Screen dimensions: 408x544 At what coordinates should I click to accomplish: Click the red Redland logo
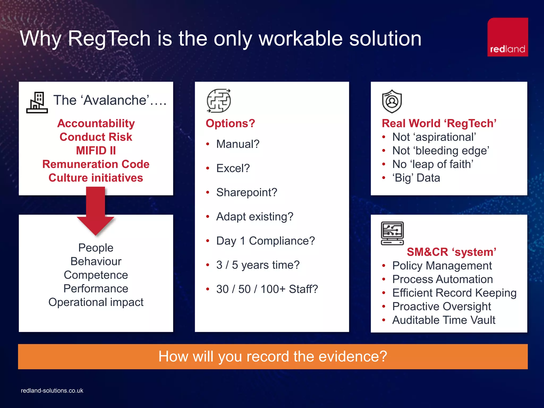(507, 37)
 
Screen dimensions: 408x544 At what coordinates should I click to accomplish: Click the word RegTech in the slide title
(109, 39)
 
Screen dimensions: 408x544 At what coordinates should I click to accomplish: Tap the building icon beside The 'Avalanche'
(37, 103)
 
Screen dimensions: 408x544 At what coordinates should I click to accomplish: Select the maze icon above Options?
(219, 101)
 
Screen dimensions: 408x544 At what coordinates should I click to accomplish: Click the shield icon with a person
(392, 101)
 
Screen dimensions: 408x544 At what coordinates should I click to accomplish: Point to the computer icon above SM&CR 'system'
(392, 233)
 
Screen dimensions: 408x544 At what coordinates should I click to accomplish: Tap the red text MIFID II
(96, 151)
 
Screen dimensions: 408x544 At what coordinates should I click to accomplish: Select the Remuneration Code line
(96, 164)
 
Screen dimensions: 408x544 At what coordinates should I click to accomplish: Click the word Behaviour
(96, 261)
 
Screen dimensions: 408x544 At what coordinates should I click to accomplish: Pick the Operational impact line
(96, 302)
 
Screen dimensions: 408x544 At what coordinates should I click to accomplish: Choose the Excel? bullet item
(233, 168)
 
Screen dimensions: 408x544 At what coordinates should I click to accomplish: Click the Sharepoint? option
(246, 192)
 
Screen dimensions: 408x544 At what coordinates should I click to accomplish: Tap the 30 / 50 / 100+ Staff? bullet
(267, 289)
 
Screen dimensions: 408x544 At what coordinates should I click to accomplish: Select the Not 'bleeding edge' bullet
(440, 151)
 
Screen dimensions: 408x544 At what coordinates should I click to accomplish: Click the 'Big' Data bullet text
(416, 178)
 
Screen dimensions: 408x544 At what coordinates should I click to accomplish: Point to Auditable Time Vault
(444, 320)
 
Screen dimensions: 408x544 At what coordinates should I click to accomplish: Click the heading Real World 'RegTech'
(439, 123)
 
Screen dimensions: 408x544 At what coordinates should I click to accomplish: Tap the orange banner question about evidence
(273, 356)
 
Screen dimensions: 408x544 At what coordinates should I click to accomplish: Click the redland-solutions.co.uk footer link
(52, 390)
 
